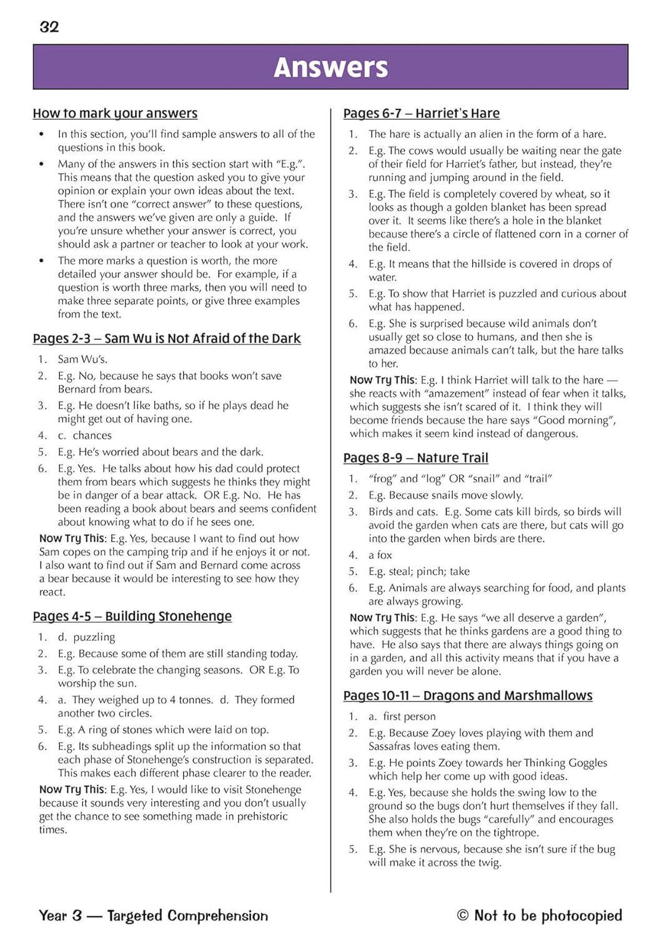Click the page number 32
point(49,27)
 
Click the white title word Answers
point(330,67)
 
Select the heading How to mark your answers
point(115,113)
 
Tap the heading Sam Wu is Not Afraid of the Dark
point(167,339)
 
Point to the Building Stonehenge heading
point(132,617)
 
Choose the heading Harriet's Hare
point(422,113)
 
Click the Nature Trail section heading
point(416,458)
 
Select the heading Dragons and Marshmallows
point(468,696)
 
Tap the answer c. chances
point(84,435)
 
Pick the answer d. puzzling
point(86,637)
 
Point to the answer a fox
point(380,555)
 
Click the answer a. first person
point(402,716)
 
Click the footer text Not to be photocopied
point(548,916)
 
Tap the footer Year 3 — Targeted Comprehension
point(154,916)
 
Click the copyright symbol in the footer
point(463,916)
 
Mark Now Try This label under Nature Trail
point(382,618)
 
